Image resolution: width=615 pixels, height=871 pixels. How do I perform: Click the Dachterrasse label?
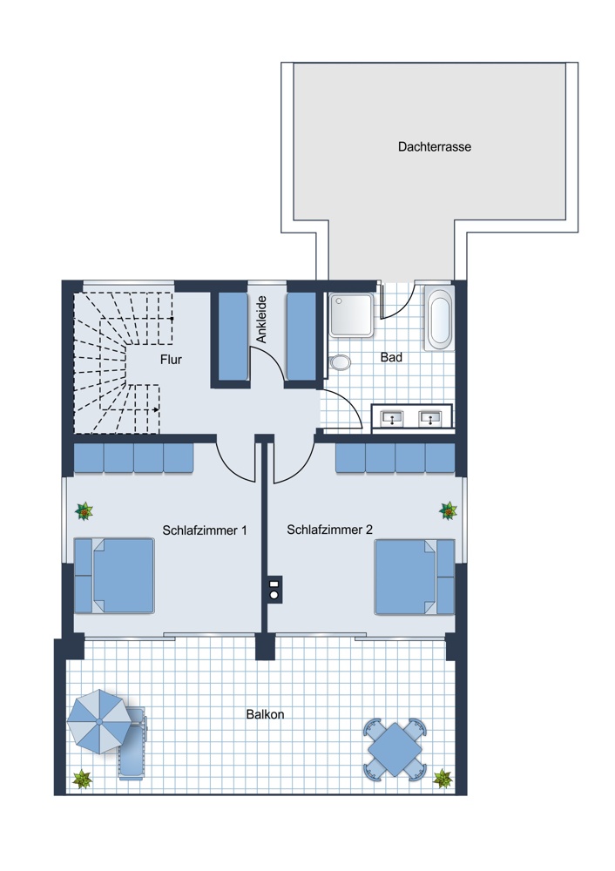435,147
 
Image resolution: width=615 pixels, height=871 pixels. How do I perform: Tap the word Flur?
171,360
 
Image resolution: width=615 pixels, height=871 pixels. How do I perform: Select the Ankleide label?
261,320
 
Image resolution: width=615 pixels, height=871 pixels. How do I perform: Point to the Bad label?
391,357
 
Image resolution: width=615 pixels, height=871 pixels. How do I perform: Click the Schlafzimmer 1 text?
205,530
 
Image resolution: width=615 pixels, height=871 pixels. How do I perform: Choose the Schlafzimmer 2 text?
329,530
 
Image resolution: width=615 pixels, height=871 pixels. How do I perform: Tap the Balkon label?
265,714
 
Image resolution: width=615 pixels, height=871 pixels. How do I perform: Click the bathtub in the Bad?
439,318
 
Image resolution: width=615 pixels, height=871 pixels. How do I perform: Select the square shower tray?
352,315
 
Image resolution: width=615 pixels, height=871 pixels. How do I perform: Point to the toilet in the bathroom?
340,363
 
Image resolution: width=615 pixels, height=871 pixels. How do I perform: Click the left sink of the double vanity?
393,417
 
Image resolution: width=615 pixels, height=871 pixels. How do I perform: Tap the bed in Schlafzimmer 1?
114,576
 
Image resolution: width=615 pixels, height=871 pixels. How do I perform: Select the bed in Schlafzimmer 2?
415,577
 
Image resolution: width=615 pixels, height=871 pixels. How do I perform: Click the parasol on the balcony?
99,721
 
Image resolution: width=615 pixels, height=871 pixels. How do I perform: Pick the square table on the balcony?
395,748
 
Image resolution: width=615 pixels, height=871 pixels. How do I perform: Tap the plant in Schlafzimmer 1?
84,511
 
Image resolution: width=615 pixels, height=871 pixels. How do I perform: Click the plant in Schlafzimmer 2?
448,510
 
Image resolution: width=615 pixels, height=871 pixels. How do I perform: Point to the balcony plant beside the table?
443,778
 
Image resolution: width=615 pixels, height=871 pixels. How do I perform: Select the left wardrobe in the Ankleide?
233,336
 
